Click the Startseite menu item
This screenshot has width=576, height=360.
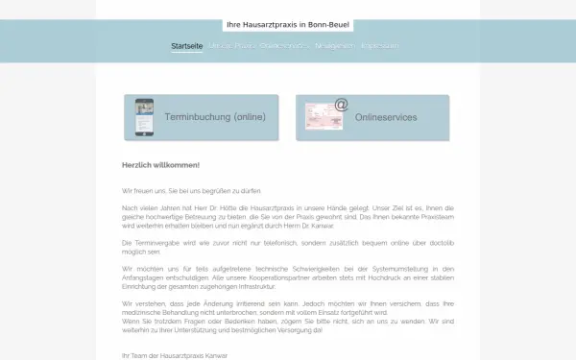[187, 45]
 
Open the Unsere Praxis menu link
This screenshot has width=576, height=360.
[231, 45]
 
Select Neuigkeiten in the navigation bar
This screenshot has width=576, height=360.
[334, 45]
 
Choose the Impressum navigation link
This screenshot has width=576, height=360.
[379, 45]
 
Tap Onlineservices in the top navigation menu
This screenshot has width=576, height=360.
[282, 45]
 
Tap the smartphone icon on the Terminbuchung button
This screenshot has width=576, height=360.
[144, 117]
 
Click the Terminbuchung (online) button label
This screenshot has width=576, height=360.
[214, 117]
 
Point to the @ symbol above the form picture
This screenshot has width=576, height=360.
[341, 104]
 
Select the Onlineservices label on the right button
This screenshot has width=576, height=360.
[385, 117]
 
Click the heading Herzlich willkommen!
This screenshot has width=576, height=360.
[160, 165]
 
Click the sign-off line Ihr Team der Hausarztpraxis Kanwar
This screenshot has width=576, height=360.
[176, 355]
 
